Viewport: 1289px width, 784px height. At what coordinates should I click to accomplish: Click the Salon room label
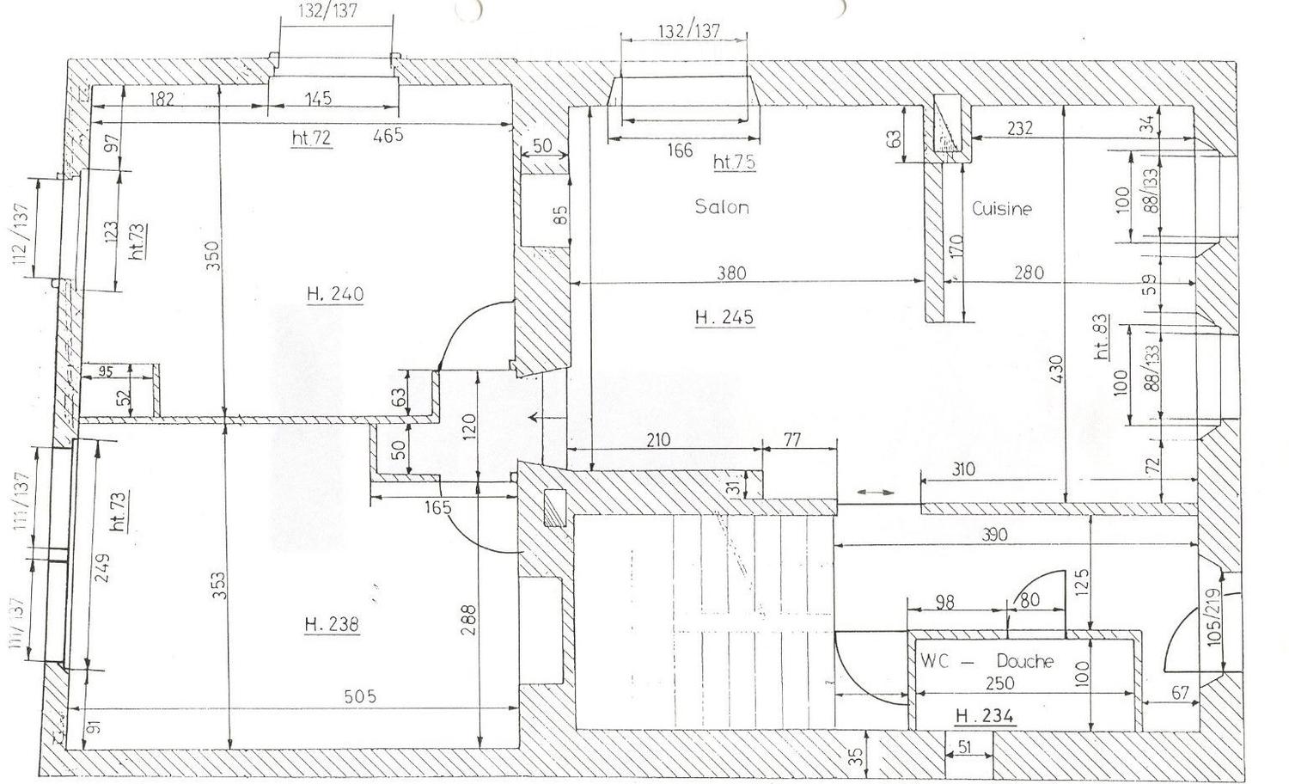click(x=722, y=207)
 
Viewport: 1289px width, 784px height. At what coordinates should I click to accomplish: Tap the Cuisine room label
click(x=1002, y=209)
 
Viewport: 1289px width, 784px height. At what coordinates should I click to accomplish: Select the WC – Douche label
click(x=987, y=662)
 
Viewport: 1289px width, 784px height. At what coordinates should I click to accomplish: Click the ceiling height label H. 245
click(x=724, y=317)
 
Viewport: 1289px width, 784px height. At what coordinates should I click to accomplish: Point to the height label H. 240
click(x=335, y=294)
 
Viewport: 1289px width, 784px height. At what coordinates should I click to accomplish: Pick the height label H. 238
click(x=332, y=624)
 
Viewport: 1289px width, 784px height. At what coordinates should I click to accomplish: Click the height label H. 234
click(x=985, y=715)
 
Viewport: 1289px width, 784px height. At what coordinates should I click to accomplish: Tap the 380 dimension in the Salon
click(x=731, y=273)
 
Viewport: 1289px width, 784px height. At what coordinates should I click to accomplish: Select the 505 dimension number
click(x=360, y=697)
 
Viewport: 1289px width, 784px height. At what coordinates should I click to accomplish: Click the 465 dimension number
click(x=388, y=135)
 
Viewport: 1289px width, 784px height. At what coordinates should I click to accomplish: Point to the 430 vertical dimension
click(x=1056, y=370)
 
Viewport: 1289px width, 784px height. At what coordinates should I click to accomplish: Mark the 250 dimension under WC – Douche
click(x=999, y=684)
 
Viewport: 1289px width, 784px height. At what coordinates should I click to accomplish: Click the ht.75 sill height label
click(x=735, y=162)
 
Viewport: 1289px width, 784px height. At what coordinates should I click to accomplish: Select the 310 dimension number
click(x=963, y=469)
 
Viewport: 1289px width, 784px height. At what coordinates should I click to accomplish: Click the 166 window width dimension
click(x=679, y=151)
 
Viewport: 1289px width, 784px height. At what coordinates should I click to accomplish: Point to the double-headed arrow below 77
click(x=877, y=492)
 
